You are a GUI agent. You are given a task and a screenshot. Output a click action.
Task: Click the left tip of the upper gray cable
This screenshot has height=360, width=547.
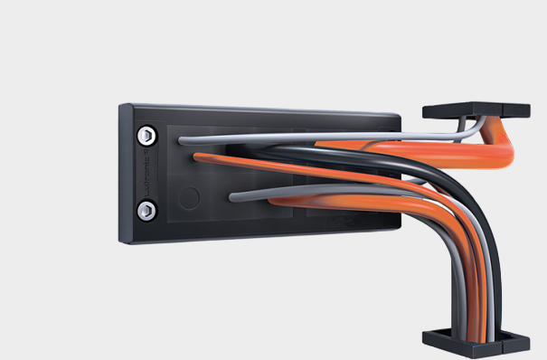point(183,140)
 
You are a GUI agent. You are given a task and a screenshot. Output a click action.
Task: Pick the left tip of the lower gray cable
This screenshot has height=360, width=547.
point(233,195)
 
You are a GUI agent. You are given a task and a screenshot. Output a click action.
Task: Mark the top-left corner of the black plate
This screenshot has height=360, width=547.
point(121,106)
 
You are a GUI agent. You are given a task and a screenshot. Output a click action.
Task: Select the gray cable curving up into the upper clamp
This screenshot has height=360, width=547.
point(457,136)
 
